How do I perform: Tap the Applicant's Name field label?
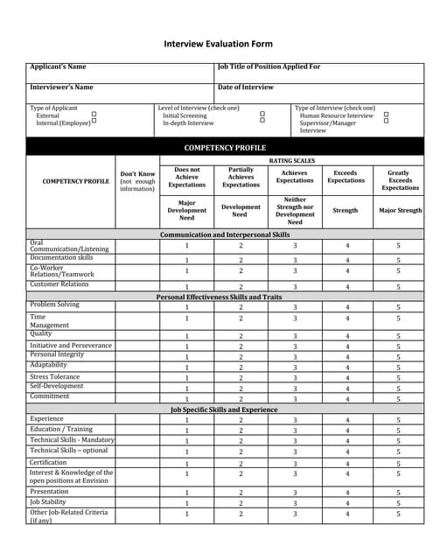pos(58,66)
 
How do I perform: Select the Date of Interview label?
pos(245,87)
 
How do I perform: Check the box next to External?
pos(94,115)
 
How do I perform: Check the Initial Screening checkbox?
pos(262,115)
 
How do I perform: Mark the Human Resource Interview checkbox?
pos(386,115)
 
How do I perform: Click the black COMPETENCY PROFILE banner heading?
pos(225,148)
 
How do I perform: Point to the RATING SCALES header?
pos(291,161)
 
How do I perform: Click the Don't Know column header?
pos(137,181)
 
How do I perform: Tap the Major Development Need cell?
pos(186,211)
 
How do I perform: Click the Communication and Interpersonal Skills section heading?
pos(225,234)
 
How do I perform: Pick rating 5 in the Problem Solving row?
pos(398,307)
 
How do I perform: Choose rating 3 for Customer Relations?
pos(295,286)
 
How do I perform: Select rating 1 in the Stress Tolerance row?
pos(186,378)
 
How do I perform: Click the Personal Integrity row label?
pos(58,354)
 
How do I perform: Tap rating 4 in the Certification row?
pos(347,463)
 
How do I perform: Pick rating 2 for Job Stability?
pos(241,503)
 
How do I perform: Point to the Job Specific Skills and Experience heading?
pos(225,409)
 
